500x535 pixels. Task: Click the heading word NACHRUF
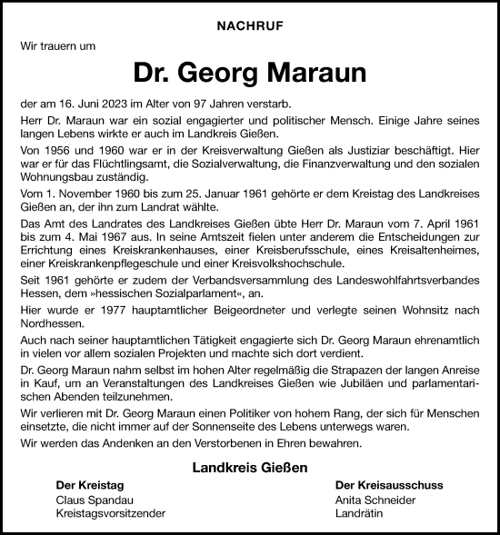tap(250, 28)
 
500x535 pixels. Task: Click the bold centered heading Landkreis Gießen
tap(250, 468)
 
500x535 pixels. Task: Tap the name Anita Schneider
tap(376, 500)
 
